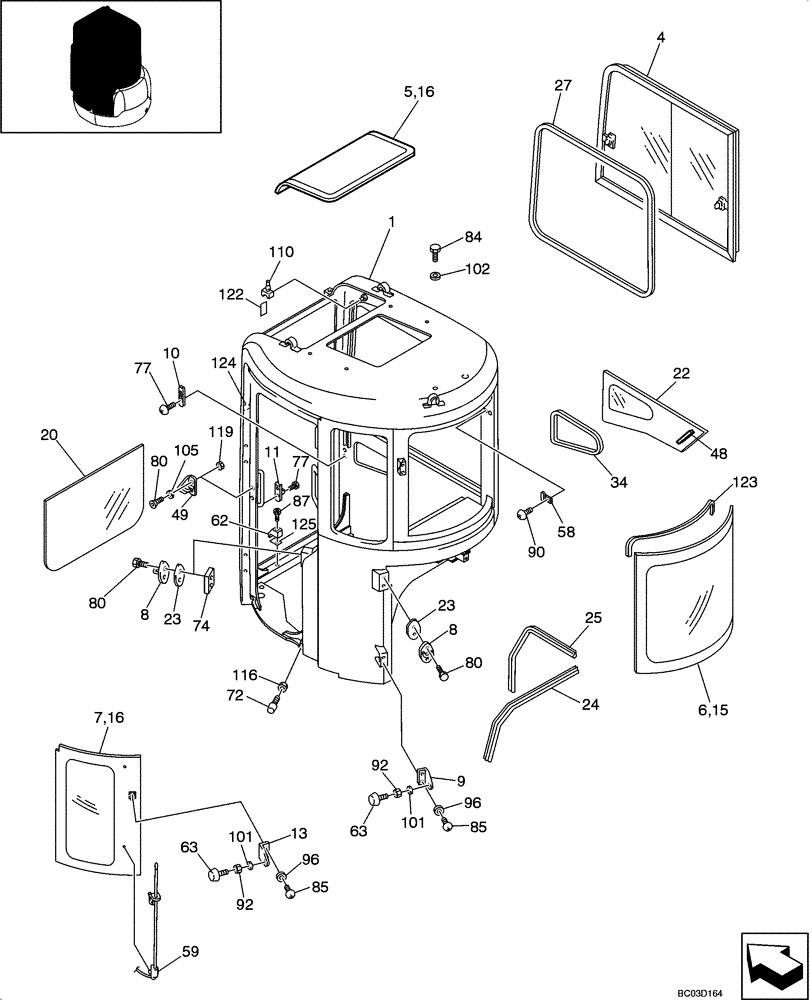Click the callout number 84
pos(472,236)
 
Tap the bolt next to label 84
pos(437,246)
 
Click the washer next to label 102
pos(436,274)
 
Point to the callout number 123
pos(744,482)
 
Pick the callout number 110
pos(281,251)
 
